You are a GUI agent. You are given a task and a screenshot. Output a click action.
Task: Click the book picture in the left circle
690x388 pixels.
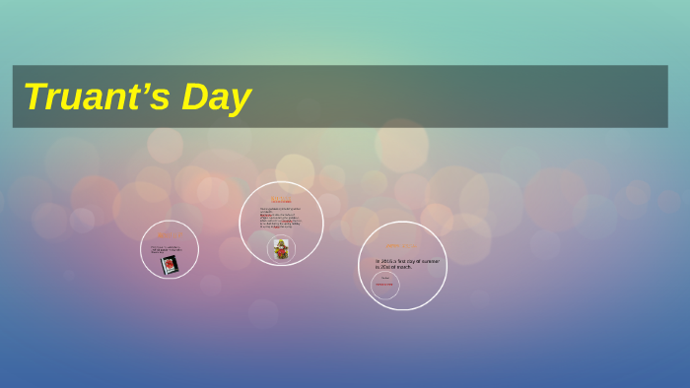coord(170,264)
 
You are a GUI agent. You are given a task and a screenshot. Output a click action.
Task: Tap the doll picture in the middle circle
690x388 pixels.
coord(282,249)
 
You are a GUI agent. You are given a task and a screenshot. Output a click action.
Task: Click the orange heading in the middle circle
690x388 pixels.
coord(281,200)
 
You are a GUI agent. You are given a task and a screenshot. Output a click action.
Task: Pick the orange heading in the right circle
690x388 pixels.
coord(401,246)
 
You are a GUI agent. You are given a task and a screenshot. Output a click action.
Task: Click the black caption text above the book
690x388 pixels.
coord(168,249)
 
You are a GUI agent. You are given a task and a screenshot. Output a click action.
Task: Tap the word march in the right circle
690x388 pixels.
coord(408,267)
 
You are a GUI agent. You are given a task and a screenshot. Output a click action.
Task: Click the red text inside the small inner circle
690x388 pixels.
coord(384,285)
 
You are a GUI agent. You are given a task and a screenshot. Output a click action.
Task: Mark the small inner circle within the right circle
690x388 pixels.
coord(384,285)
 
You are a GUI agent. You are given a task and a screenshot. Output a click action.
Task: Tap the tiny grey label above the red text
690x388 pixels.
coord(384,278)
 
